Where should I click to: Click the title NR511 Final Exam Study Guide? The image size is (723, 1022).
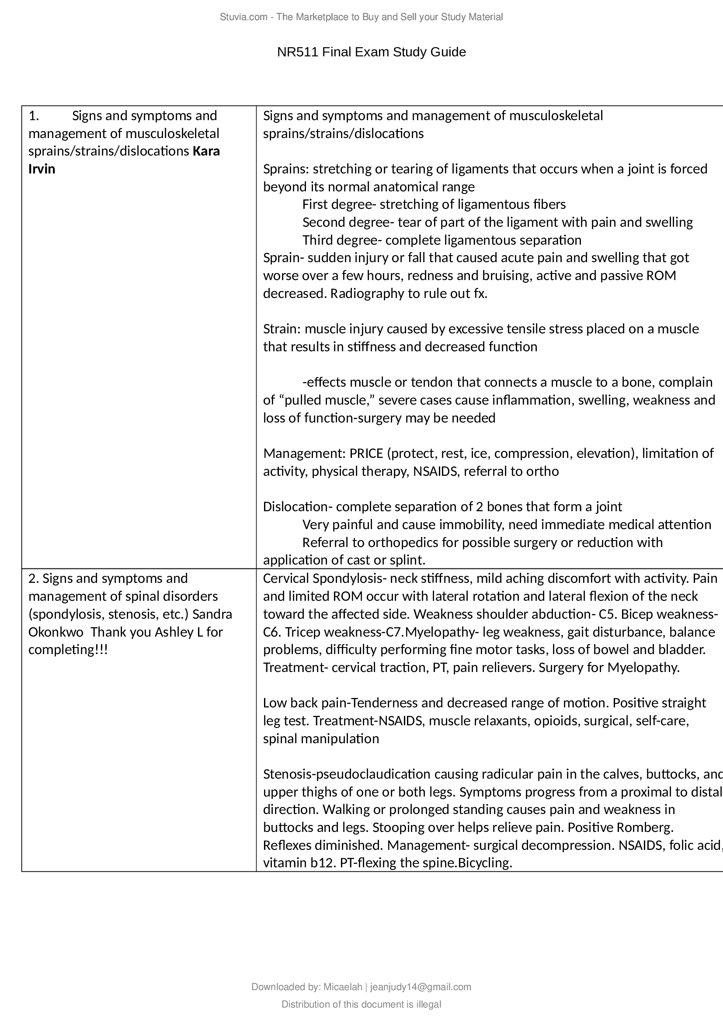[371, 52]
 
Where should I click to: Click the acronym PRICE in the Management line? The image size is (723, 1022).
[366, 454]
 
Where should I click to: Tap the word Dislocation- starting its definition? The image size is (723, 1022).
[297, 507]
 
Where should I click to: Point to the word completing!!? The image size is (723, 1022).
[68, 650]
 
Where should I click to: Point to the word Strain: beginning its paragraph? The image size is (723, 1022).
[282, 329]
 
